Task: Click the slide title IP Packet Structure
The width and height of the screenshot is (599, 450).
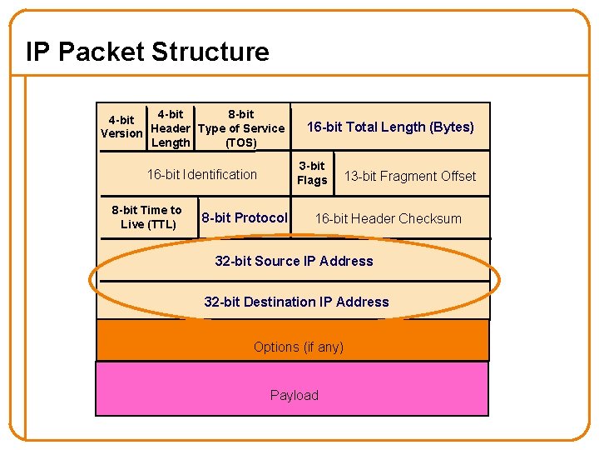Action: (x=147, y=52)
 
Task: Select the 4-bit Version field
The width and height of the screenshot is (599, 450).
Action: (x=121, y=127)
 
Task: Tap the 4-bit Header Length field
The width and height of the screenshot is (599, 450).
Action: (x=171, y=128)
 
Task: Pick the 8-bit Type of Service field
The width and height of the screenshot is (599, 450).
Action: (x=241, y=128)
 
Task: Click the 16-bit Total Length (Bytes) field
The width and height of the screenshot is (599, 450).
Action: (x=390, y=127)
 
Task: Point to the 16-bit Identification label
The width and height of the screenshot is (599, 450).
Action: (x=202, y=174)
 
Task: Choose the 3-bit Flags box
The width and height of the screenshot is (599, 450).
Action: (x=312, y=173)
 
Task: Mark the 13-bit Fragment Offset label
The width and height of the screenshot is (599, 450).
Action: (x=410, y=176)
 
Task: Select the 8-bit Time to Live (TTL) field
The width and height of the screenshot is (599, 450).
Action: (x=147, y=217)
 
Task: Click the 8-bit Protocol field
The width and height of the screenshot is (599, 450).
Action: (x=245, y=217)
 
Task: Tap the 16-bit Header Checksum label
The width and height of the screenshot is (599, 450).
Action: (x=388, y=218)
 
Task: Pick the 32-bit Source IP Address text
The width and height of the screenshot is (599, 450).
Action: (x=294, y=261)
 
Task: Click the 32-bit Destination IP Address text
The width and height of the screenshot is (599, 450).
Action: (x=296, y=302)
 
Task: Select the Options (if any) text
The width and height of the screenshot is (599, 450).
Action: (x=298, y=347)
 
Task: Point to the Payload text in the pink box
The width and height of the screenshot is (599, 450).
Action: (x=294, y=395)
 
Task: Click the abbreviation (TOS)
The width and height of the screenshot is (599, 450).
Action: (x=241, y=142)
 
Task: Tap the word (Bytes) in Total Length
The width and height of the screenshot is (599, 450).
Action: (x=452, y=127)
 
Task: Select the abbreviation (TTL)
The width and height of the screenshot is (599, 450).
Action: (x=161, y=224)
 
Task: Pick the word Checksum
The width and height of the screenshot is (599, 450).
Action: (x=429, y=218)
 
